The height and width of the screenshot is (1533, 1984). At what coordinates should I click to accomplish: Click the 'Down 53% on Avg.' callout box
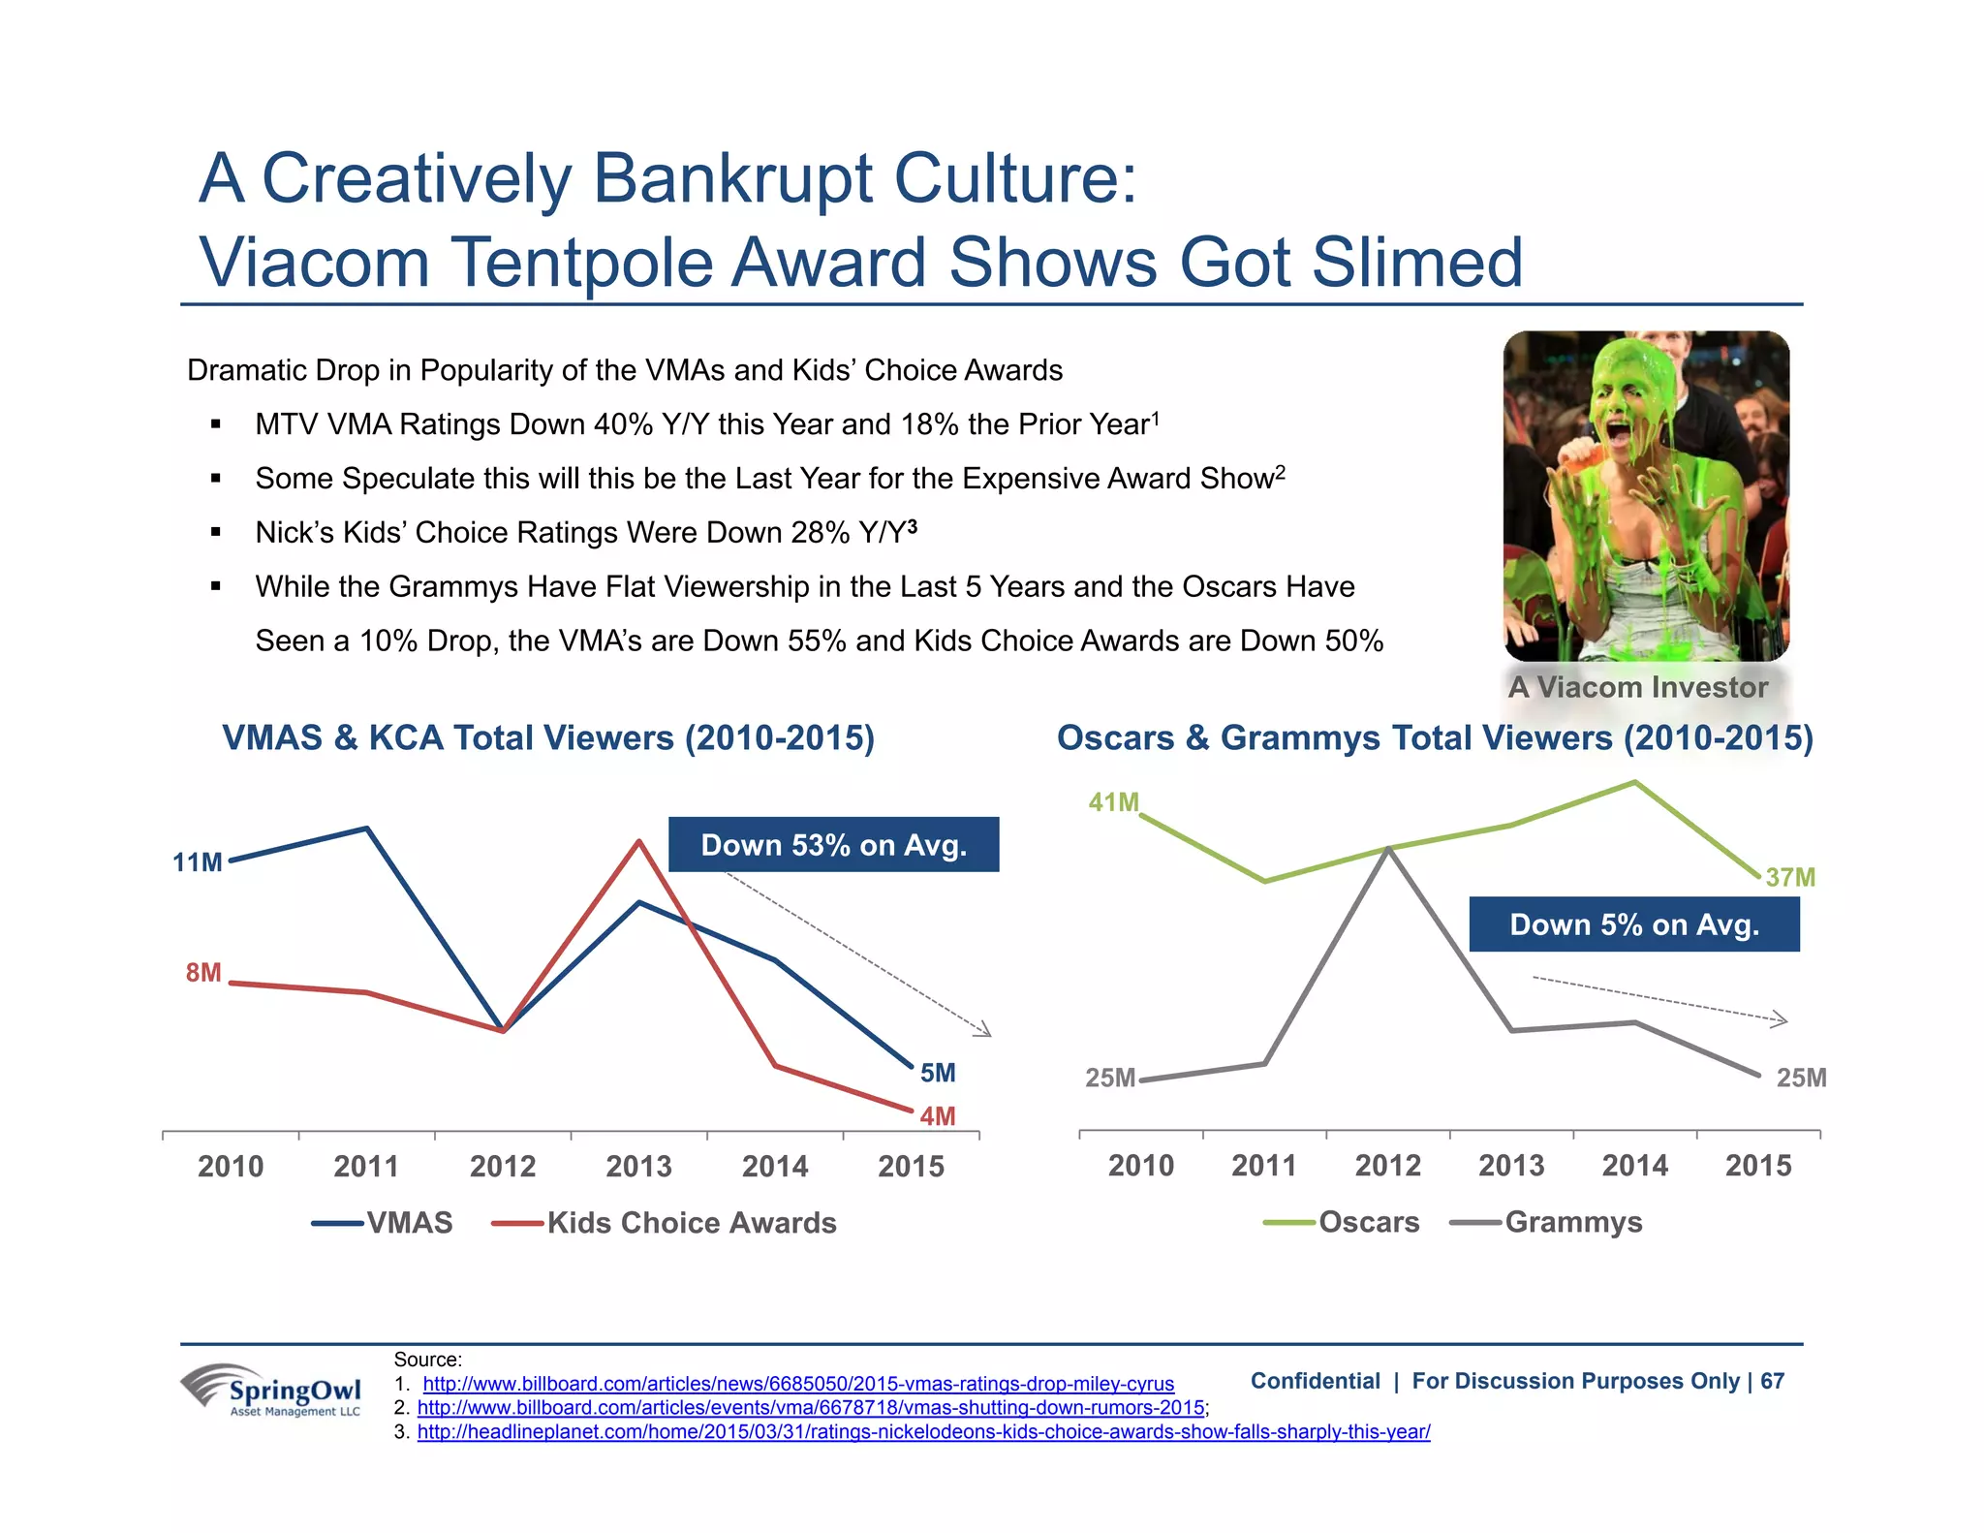tap(833, 845)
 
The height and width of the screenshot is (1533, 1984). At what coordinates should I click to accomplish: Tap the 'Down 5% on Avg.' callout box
tap(1634, 924)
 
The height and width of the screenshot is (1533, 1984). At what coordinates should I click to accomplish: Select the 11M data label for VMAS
tap(198, 862)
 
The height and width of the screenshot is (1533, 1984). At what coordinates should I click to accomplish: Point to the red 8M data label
tap(203, 972)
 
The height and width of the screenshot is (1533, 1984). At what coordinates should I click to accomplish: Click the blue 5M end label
tap(937, 1073)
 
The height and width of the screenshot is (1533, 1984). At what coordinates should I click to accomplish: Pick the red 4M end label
tap(937, 1116)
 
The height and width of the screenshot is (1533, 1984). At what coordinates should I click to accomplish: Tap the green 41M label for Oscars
tap(1113, 802)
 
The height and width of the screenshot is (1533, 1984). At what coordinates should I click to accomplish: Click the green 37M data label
tap(1789, 878)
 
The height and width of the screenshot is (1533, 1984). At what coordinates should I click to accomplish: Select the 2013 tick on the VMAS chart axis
tap(638, 1166)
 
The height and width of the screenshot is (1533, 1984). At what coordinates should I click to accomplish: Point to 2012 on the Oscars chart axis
tap(1387, 1165)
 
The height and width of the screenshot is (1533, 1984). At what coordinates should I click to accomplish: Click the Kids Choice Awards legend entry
tap(691, 1223)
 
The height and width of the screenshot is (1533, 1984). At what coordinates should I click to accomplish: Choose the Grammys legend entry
tap(1573, 1222)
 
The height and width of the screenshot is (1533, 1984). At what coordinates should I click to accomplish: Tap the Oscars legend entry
tap(1368, 1222)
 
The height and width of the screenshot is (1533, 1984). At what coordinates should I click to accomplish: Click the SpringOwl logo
tap(272, 1391)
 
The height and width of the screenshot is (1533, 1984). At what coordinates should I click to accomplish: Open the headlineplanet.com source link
tap(923, 1431)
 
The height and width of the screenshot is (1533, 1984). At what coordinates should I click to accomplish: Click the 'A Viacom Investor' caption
tap(1637, 687)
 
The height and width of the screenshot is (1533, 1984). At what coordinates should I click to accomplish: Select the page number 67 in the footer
tap(1772, 1381)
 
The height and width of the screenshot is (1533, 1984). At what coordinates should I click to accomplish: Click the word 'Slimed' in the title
tap(1415, 263)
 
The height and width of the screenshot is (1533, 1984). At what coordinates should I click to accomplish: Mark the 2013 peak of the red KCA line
tap(638, 841)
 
